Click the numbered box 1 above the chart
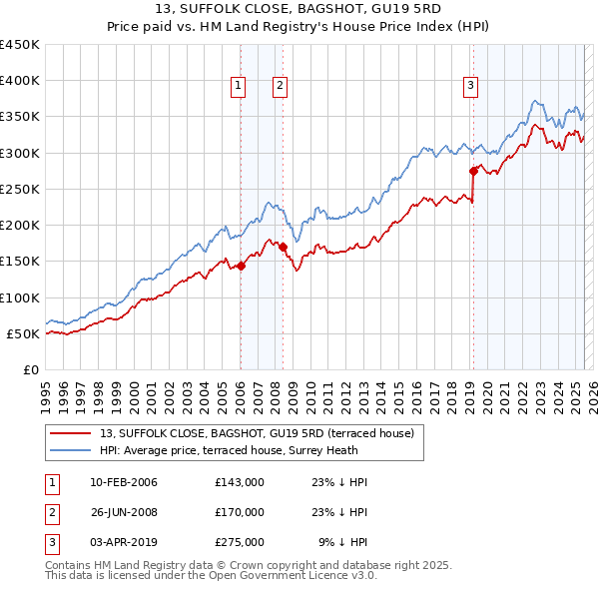click(x=240, y=87)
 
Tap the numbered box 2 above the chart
click(x=281, y=87)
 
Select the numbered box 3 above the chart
click(x=470, y=87)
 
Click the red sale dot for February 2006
click(x=241, y=266)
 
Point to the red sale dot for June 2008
click(x=283, y=247)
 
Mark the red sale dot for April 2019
click(x=473, y=171)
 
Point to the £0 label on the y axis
click(x=32, y=369)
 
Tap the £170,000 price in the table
click(x=240, y=513)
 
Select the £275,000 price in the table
click(x=240, y=543)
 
